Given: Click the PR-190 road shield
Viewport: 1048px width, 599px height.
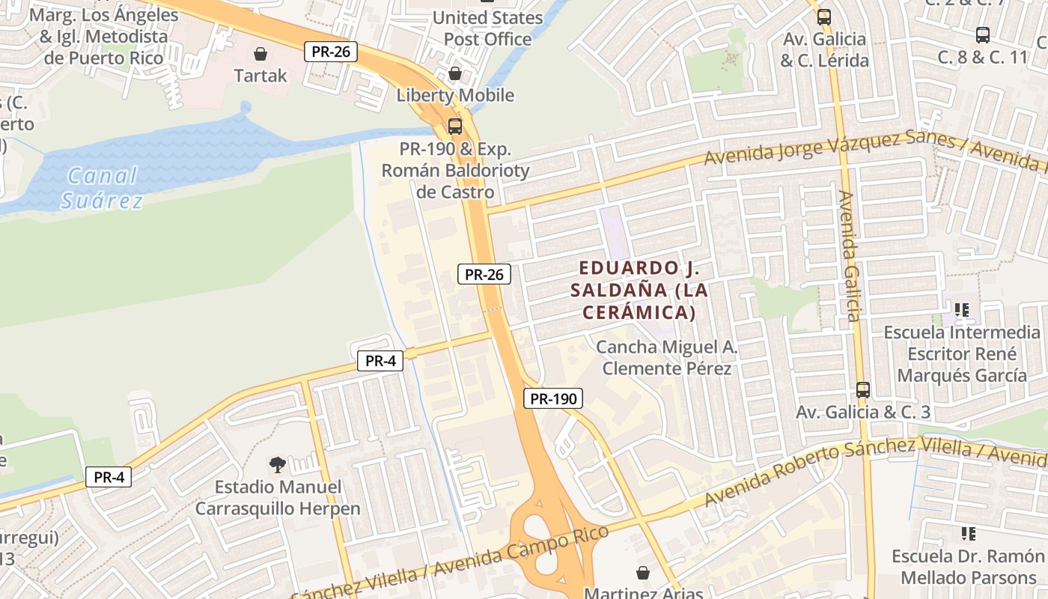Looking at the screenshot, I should tap(552, 399).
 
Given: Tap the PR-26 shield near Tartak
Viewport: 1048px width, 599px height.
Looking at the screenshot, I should tap(330, 52).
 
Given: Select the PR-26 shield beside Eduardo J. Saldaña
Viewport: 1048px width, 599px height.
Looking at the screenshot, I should tap(484, 274).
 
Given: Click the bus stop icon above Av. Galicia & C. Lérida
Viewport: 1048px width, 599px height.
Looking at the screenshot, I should tap(824, 16).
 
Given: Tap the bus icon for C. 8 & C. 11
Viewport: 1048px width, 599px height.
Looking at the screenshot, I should tap(983, 34).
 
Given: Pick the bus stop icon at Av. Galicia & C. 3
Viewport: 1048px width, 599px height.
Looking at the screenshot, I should tap(863, 389).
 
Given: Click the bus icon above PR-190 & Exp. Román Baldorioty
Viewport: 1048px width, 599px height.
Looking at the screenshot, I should tap(454, 126).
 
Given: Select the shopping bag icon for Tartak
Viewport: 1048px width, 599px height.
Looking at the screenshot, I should tap(261, 54).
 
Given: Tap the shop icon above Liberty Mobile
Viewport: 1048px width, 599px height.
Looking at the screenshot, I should tap(454, 73).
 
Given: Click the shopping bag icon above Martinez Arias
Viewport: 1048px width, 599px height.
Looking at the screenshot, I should tap(643, 573).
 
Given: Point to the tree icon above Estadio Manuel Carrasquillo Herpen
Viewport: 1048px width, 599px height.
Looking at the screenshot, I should tap(278, 465).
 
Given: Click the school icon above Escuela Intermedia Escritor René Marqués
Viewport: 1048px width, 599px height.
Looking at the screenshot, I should tap(962, 309).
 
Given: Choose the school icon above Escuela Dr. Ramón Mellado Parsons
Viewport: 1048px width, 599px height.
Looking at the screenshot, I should tap(969, 534).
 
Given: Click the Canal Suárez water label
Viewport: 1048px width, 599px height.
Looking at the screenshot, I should tap(102, 188).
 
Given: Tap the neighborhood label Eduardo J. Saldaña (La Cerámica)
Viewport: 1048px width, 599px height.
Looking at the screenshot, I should tap(639, 290).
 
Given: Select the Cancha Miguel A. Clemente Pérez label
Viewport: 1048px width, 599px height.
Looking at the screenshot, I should tap(667, 358).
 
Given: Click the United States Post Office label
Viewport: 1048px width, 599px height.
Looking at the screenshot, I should tap(488, 28).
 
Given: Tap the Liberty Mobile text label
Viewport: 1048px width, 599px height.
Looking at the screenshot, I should tap(455, 95).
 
